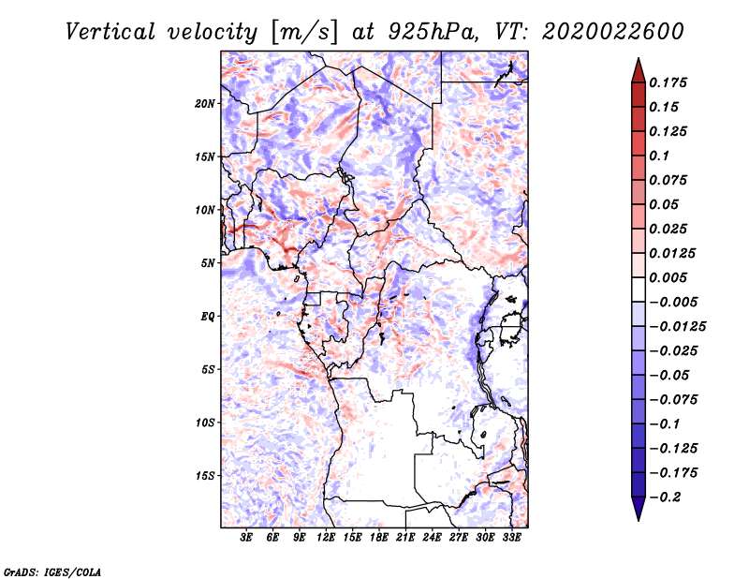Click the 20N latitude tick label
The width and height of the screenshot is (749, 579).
pos(205,103)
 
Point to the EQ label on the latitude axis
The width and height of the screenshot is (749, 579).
pos(208,316)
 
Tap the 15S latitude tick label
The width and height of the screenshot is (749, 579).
pos(205,475)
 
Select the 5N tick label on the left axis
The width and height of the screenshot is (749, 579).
pos(208,262)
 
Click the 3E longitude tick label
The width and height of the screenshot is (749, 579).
pos(246,538)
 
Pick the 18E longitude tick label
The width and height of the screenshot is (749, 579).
pos(379,538)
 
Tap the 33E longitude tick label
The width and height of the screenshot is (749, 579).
pos(511,538)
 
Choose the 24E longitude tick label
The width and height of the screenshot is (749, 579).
pos(432,538)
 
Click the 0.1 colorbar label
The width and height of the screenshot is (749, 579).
pos(660,156)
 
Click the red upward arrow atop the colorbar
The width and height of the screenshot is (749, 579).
pos(637,68)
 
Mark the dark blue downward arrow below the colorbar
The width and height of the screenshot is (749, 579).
pos(637,510)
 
